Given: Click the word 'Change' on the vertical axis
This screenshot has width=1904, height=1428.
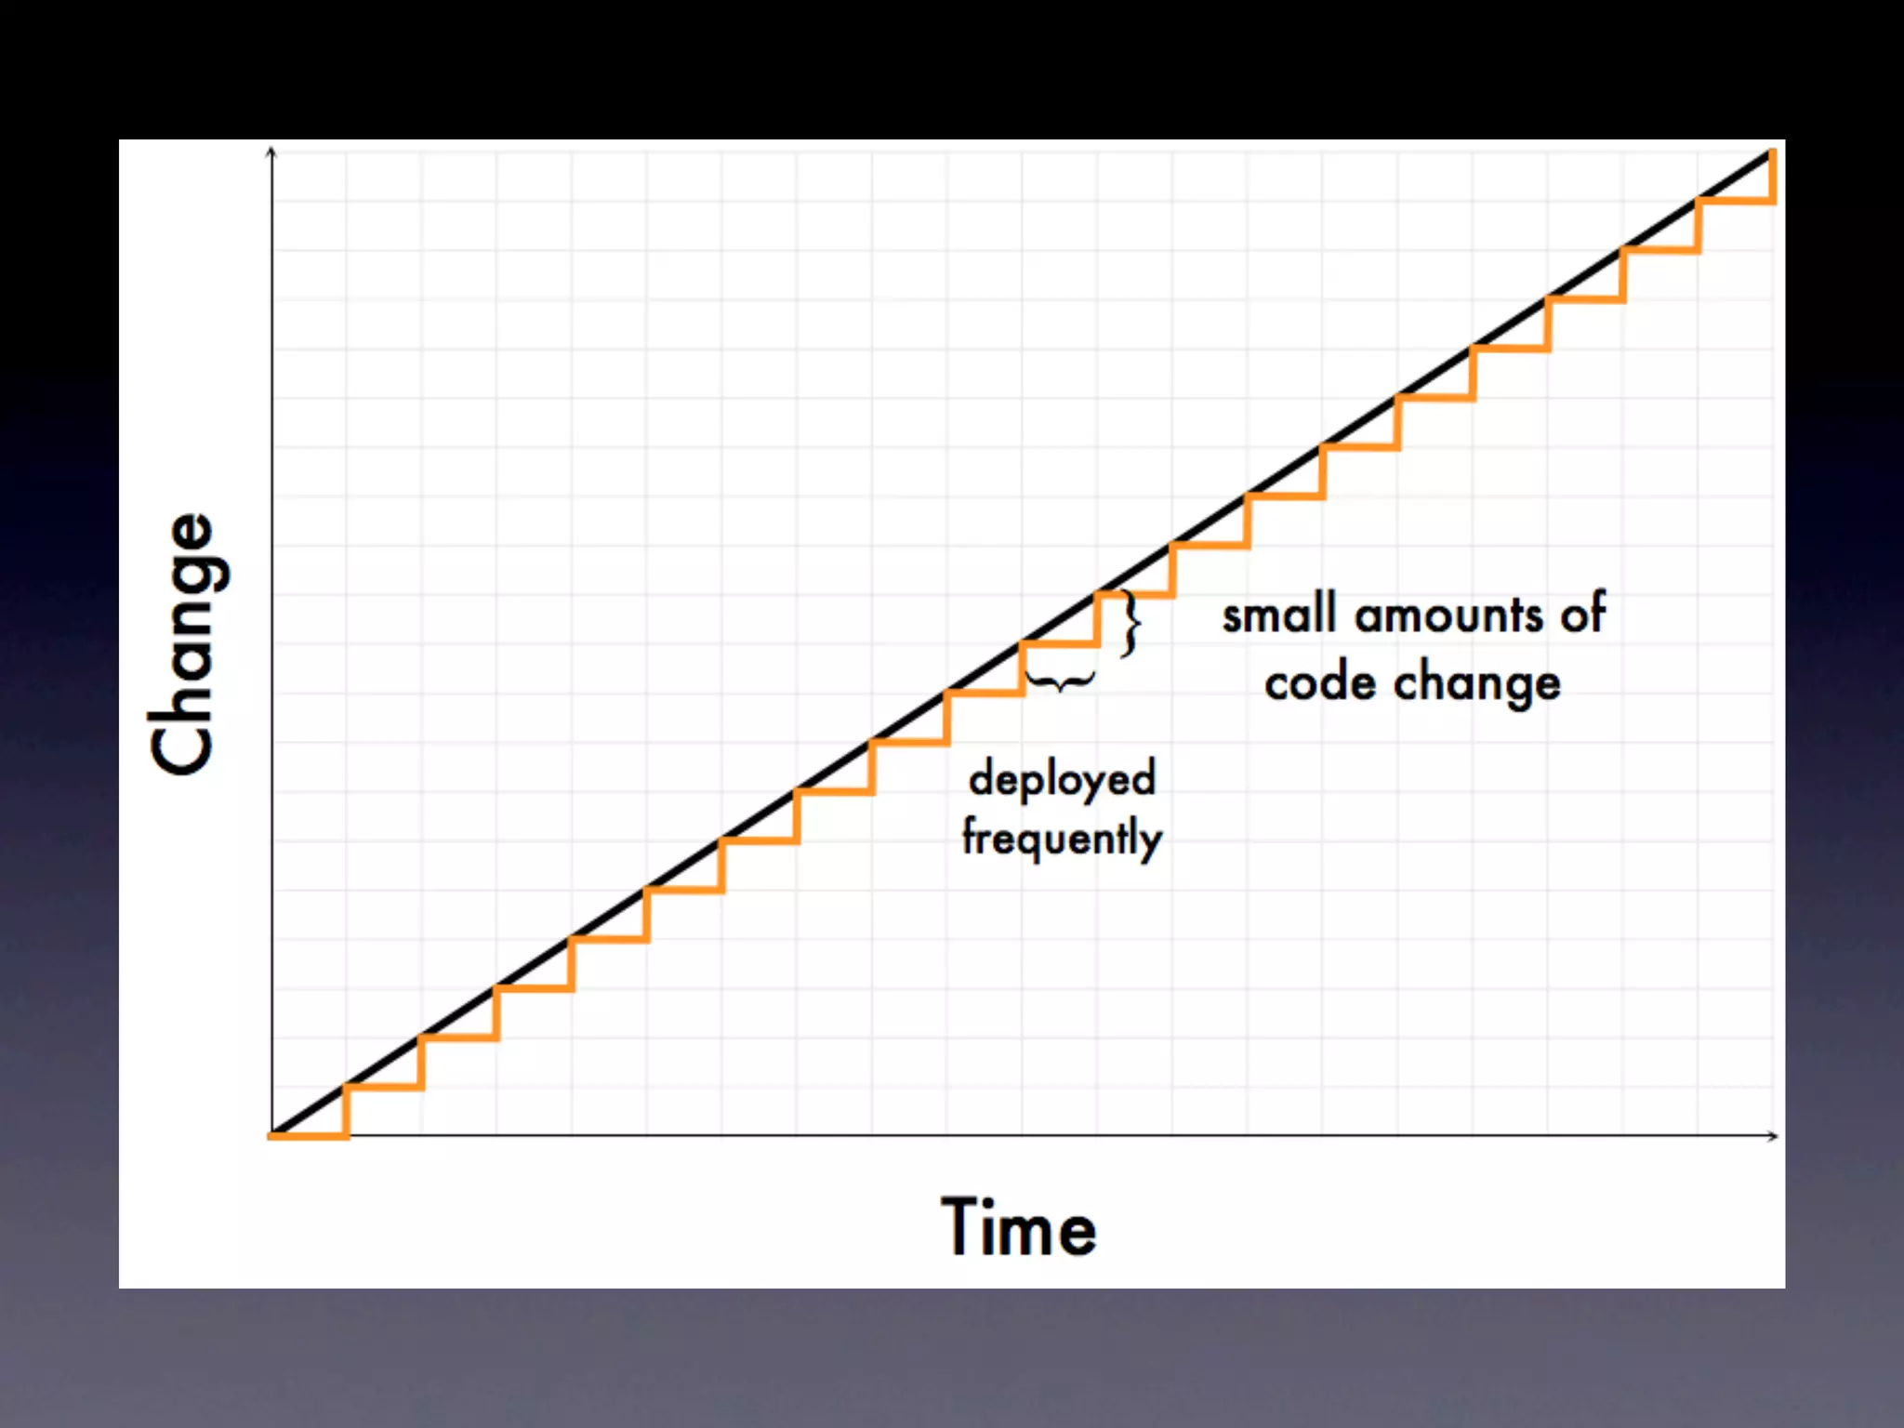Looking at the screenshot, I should tap(186, 643).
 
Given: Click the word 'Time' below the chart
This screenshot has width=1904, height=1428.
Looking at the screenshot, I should tap(1019, 1228).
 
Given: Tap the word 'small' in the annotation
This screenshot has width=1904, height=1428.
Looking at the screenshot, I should tap(1279, 616).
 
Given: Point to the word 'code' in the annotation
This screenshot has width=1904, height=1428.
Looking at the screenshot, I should tap(1320, 683).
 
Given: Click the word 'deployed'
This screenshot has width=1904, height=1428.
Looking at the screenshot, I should tap(1063, 779).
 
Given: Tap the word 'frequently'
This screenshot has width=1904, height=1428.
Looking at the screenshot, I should tap(1062, 838).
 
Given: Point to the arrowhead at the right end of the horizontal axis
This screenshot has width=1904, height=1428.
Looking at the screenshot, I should tap(1774, 1136).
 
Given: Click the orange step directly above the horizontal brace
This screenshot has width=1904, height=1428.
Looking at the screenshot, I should tap(1060, 643).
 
